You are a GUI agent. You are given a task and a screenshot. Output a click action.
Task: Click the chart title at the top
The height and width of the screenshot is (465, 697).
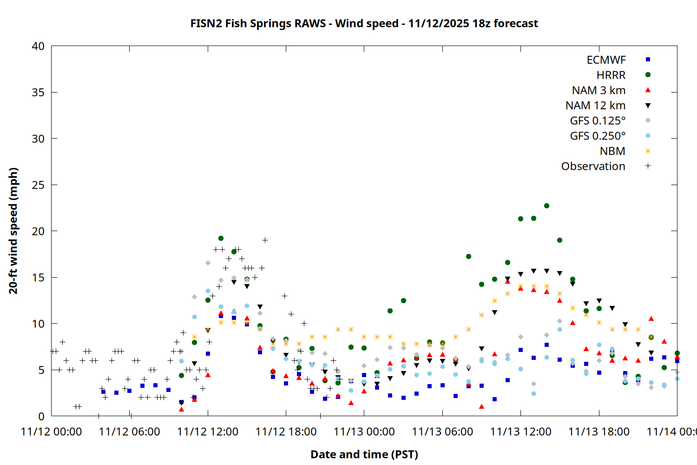point(364,23)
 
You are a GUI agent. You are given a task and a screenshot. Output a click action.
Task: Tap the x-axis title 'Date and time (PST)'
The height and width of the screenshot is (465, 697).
point(364,454)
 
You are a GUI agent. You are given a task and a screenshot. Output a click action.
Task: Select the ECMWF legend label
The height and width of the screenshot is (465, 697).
point(606,60)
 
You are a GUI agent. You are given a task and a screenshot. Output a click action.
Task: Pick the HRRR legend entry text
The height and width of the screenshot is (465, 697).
point(611,75)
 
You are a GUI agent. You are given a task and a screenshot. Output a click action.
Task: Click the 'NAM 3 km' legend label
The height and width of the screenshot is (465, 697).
point(598,90)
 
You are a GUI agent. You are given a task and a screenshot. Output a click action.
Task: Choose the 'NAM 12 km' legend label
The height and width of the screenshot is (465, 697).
point(595,106)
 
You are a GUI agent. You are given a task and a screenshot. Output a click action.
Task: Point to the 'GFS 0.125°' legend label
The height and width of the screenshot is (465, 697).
point(598,121)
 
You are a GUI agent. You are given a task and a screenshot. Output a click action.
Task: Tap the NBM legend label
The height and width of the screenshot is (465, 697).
point(612,151)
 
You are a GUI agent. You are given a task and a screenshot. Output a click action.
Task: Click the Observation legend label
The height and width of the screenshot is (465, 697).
point(593,166)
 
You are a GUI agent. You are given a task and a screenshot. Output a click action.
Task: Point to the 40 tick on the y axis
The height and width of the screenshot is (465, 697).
point(38,46)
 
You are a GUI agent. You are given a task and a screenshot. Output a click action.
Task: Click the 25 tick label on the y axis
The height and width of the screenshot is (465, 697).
point(38,185)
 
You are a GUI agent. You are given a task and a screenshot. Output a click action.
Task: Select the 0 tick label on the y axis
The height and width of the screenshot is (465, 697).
point(41,416)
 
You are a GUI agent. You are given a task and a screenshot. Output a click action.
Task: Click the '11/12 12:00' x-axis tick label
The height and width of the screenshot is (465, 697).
point(208,432)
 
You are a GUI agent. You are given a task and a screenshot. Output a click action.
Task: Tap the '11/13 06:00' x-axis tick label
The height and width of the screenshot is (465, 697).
point(442,432)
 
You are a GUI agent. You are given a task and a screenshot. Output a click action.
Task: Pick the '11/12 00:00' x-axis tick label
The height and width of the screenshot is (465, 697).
point(51,432)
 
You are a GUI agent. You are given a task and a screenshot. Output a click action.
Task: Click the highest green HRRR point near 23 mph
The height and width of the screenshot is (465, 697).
point(546,206)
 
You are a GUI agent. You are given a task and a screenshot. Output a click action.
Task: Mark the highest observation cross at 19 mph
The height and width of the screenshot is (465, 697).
point(265,240)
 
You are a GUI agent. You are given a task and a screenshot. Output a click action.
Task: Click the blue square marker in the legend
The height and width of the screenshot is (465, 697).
point(648,60)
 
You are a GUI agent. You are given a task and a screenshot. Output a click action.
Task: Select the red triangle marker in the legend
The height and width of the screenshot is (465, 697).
point(648,90)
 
